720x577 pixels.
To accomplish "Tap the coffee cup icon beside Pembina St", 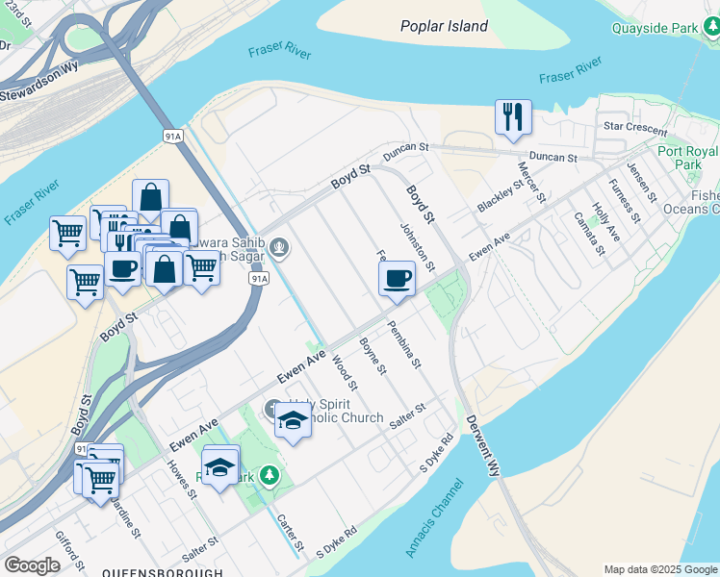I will click(x=397, y=280).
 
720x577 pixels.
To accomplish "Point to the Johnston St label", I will click(x=419, y=245).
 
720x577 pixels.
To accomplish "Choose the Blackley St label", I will click(x=497, y=194).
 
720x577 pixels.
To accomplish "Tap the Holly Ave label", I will click(x=605, y=220).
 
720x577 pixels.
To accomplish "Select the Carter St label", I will click(x=290, y=532).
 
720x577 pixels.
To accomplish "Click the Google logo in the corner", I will click(x=32, y=565).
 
